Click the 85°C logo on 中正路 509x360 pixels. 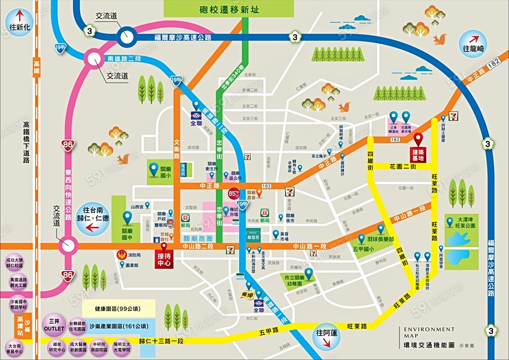pyautogui.click(x=232, y=194)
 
